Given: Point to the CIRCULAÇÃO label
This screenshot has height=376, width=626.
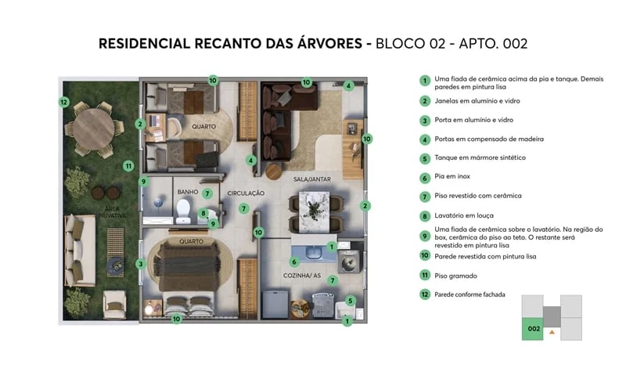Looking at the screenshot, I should [x=246, y=193].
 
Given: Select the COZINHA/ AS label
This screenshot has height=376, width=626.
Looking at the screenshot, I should [x=303, y=277].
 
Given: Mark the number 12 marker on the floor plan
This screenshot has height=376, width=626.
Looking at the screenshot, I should [x=64, y=102].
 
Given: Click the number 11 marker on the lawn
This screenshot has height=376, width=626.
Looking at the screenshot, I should [x=128, y=166].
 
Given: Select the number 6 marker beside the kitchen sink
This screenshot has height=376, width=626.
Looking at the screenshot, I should [x=294, y=262].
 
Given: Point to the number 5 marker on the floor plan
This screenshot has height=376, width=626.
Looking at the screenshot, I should [x=350, y=300].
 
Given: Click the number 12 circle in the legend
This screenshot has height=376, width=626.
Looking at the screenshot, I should [x=424, y=295].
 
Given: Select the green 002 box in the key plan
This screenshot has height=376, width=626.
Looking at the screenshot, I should [x=533, y=329].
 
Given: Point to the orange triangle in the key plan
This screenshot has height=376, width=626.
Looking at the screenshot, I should [x=552, y=333].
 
